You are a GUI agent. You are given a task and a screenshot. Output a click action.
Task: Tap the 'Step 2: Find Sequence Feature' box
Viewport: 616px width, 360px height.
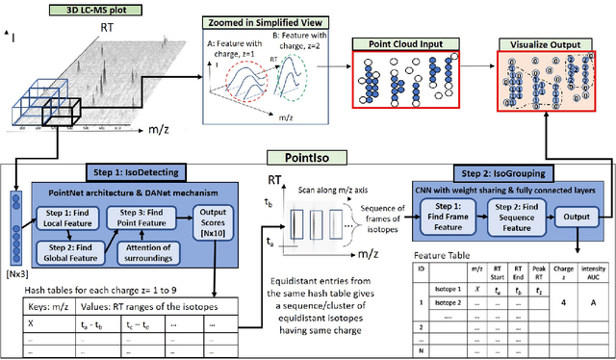[518, 219]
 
